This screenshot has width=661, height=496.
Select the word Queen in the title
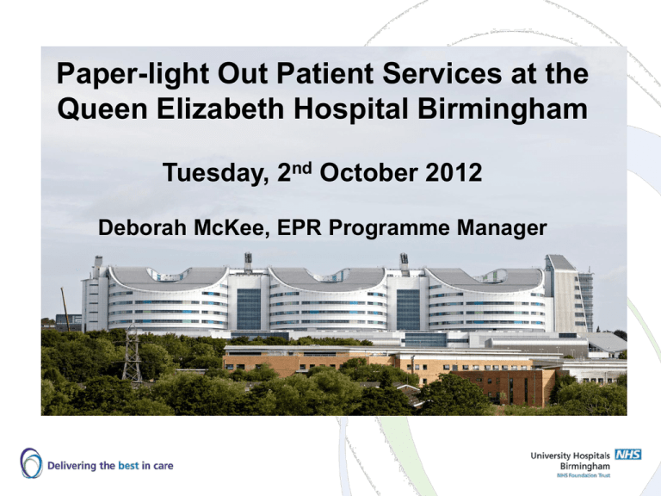pyautogui.click(x=102, y=108)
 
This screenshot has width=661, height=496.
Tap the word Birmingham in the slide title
pyautogui.click(x=502, y=108)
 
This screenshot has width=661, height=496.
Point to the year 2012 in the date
pyautogui.click(x=454, y=173)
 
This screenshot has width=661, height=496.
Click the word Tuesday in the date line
pyautogui.click(x=215, y=174)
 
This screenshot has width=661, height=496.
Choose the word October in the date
pyautogui.click(x=369, y=173)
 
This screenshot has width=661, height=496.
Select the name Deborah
pyautogui.click(x=142, y=227)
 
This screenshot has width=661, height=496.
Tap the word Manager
pyautogui.click(x=502, y=228)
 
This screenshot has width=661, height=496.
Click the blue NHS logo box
pyautogui.click(x=628, y=455)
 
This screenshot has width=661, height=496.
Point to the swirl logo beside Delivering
pyautogui.click(x=31, y=463)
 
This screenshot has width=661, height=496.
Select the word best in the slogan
pyautogui.click(x=128, y=466)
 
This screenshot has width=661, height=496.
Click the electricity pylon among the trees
pyautogui.click(x=132, y=353)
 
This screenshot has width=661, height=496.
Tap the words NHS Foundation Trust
pyautogui.click(x=583, y=475)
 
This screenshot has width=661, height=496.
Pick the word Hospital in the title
pyautogui.click(x=351, y=109)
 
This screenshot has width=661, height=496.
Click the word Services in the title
pyautogui.click(x=442, y=74)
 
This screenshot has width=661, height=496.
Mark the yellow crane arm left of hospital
pyautogui.click(x=65, y=309)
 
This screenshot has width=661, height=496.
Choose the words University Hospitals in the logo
pyautogui.click(x=570, y=456)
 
